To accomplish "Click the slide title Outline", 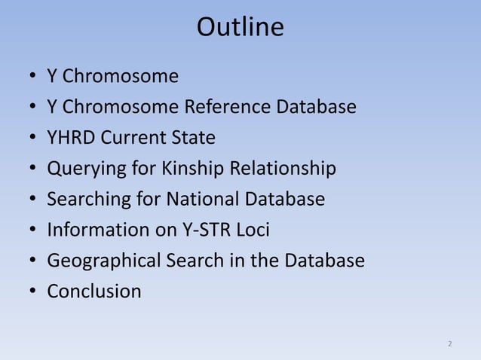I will [x=240, y=28].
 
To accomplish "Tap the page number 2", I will [x=450, y=344].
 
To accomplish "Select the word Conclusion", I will [x=93, y=291].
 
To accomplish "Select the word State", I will [x=193, y=138].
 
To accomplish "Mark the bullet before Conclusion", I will [x=32, y=292].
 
